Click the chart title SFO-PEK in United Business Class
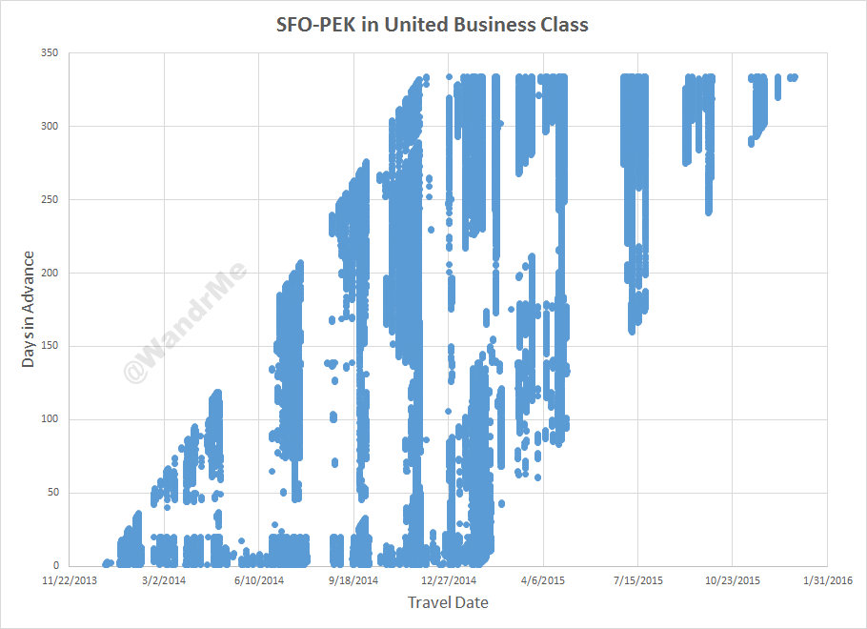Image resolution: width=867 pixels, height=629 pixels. coord(433,25)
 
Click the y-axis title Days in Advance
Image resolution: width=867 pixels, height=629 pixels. coord(30,309)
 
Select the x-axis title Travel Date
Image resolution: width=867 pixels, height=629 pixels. coord(448,602)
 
